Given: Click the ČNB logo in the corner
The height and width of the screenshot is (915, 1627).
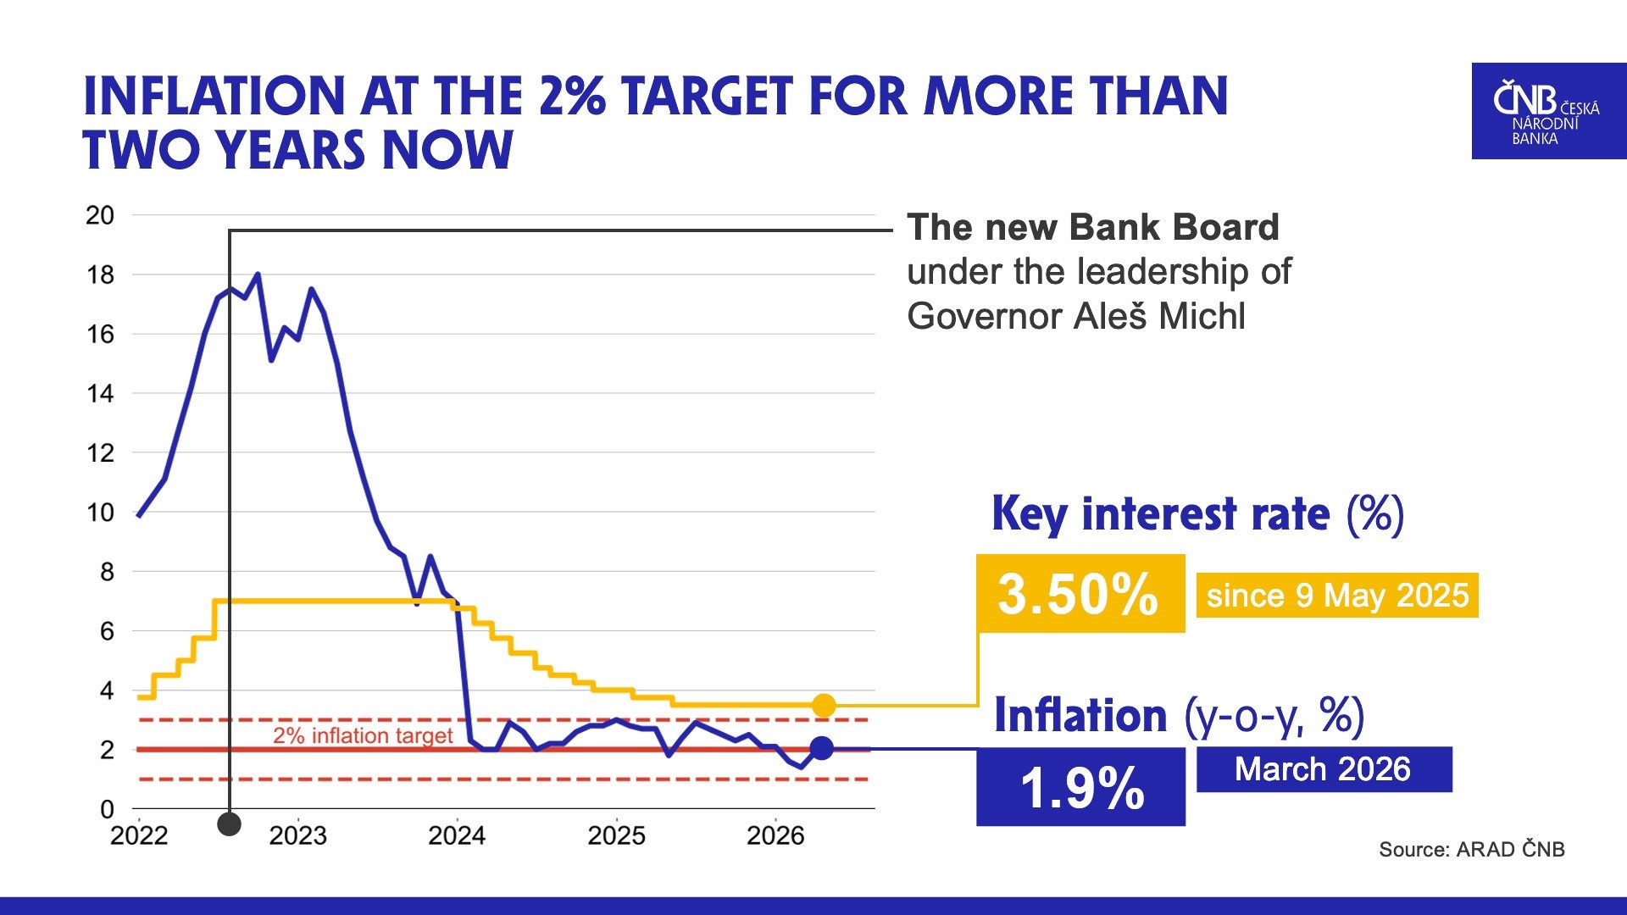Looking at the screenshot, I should pos(1547,111).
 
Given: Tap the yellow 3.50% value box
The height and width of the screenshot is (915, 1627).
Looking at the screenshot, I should pos(1080,593).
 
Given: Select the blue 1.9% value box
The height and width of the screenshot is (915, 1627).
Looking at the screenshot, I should pos(1080,786).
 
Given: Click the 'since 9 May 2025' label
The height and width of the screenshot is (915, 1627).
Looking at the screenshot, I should pos(1336,596).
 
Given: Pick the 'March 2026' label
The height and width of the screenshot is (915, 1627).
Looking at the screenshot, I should pos(1323,769).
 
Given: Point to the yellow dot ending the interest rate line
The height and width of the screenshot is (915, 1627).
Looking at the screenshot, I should pos(824,705).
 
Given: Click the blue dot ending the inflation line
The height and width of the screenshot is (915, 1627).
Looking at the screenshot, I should pos(821,748).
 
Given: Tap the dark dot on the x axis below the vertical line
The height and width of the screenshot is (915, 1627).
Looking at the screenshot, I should pos(229,823).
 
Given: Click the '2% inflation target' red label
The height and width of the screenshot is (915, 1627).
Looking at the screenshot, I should pos(363,735).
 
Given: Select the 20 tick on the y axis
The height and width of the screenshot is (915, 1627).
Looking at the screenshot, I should pos(100,215).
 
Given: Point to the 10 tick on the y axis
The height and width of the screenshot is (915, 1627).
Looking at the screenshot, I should pos(100,513).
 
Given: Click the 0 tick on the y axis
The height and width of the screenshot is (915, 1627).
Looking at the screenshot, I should pos(107,809).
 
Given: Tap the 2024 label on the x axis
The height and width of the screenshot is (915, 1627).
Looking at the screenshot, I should pos(457,836).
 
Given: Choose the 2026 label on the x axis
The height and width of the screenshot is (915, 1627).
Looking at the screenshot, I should pos(775,836).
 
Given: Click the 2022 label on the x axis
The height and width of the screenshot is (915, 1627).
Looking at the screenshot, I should pos(139,836).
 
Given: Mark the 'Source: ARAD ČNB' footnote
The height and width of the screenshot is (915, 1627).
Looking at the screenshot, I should pos(1471,849).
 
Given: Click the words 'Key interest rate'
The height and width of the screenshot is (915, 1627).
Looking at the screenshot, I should pos(1160,514).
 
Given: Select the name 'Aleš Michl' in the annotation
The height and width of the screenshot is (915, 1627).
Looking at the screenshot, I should pos(1159,317).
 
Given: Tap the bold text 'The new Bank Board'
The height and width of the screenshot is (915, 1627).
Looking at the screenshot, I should pos(1092,227).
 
